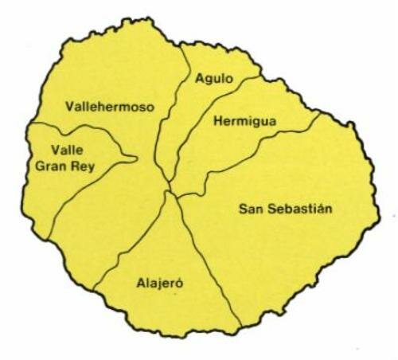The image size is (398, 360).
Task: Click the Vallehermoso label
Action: click(111, 106)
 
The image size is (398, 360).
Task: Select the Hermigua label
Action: click(244, 121)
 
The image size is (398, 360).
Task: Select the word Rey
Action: click(80, 167)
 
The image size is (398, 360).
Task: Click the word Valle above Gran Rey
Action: click(65, 149)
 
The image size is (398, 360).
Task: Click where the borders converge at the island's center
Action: click(168, 191)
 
